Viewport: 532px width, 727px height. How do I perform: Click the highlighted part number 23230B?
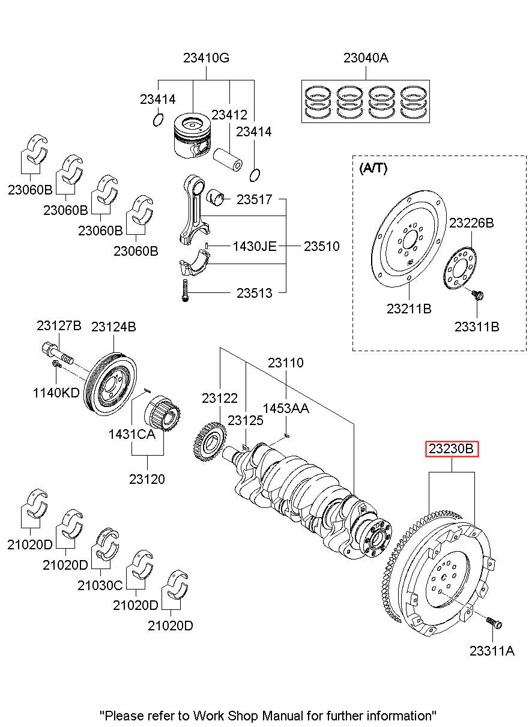(452, 448)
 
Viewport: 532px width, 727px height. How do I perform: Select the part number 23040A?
(366, 58)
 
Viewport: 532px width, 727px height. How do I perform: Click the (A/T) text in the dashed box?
(373, 169)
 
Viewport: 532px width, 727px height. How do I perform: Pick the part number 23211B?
(409, 309)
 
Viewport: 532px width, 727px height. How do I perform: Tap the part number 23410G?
(206, 58)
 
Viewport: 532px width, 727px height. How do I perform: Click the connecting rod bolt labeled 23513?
(185, 292)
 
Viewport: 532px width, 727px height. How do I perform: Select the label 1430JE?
(255, 246)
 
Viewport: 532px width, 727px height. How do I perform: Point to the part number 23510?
(321, 246)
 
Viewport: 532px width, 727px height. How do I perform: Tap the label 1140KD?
(56, 393)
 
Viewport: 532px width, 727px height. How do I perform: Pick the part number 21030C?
(100, 585)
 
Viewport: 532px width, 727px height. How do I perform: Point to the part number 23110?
(285, 363)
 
